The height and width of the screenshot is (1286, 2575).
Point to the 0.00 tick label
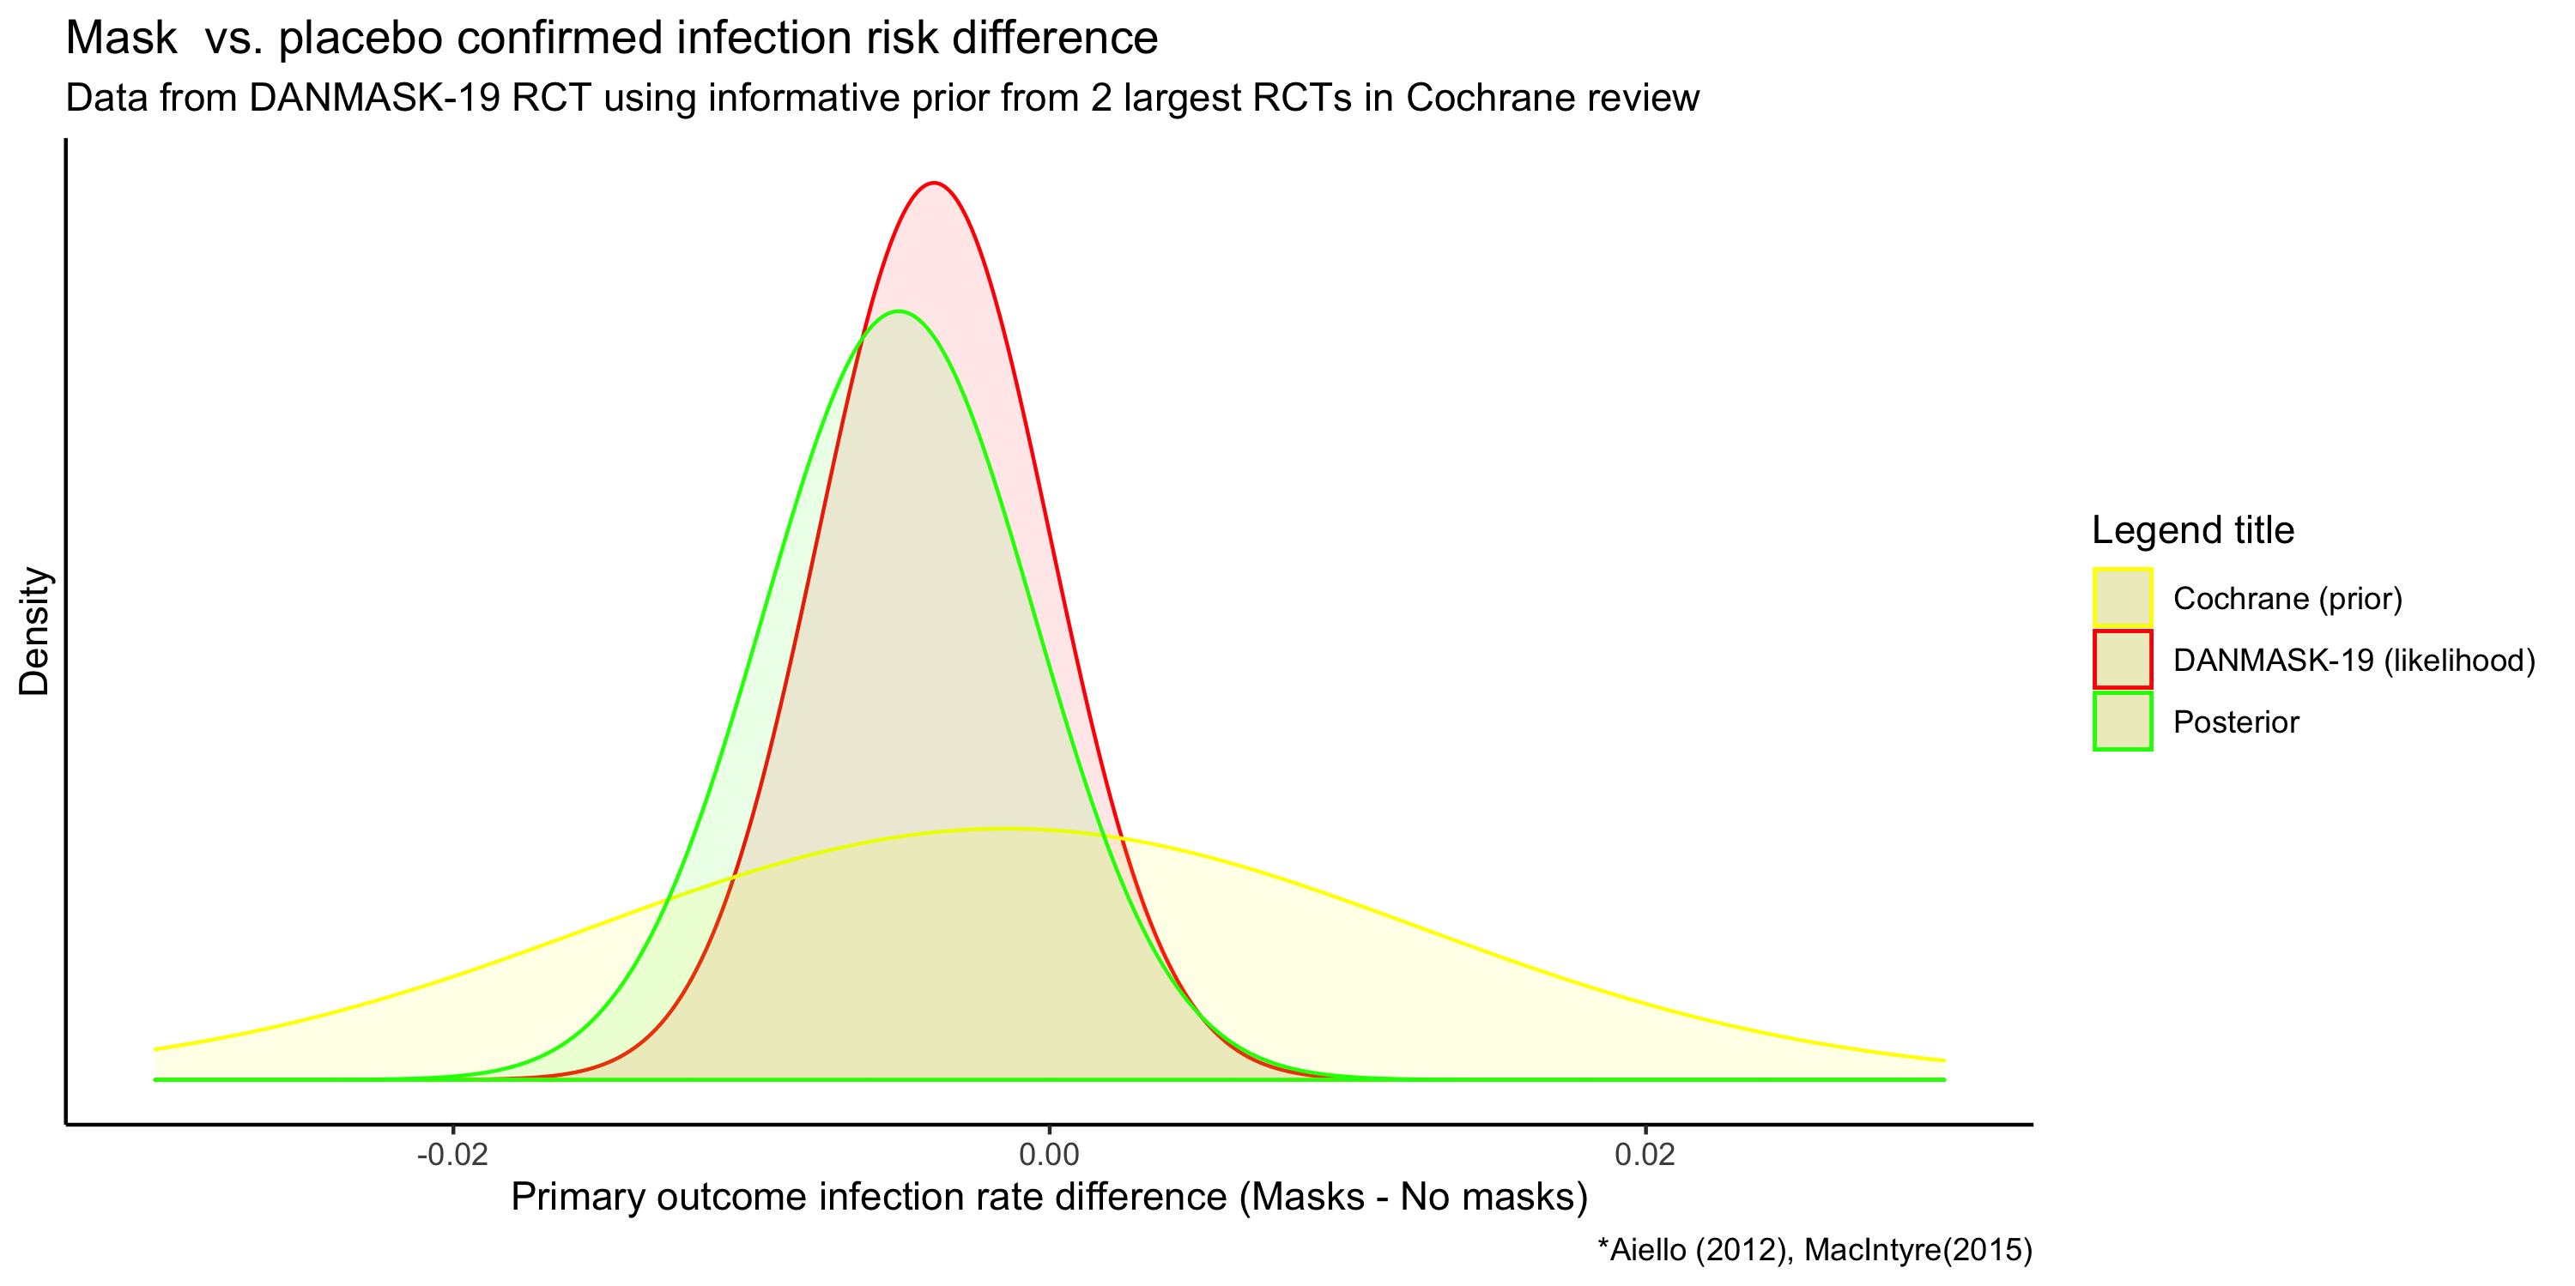pos(1049,1155)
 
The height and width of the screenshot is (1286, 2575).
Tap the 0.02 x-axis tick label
pos(1645,1155)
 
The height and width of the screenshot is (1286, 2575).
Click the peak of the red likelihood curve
pos(933,183)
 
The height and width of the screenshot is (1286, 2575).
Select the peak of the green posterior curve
pos(900,311)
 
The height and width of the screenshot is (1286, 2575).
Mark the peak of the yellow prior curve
pos(1004,829)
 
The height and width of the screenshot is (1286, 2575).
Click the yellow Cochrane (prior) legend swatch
pos(2122,598)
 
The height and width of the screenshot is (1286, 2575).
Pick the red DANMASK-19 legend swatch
pos(2122,660)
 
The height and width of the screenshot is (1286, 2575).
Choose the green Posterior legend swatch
pos(2122,721)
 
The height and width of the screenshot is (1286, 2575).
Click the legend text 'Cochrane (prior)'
pos(2287,599)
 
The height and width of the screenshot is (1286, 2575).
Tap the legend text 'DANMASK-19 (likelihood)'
pos(2354,661)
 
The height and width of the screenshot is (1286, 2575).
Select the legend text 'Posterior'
pos(2236,722)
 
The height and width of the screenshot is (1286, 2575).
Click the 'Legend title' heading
pos(2192,529)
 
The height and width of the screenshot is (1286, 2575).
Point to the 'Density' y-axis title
pos(34,631)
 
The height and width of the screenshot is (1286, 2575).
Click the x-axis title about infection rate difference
pos(1049,1197)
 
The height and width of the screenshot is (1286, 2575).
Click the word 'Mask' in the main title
pos(121,38)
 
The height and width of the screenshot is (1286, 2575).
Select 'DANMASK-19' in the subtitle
pos(375,98)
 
